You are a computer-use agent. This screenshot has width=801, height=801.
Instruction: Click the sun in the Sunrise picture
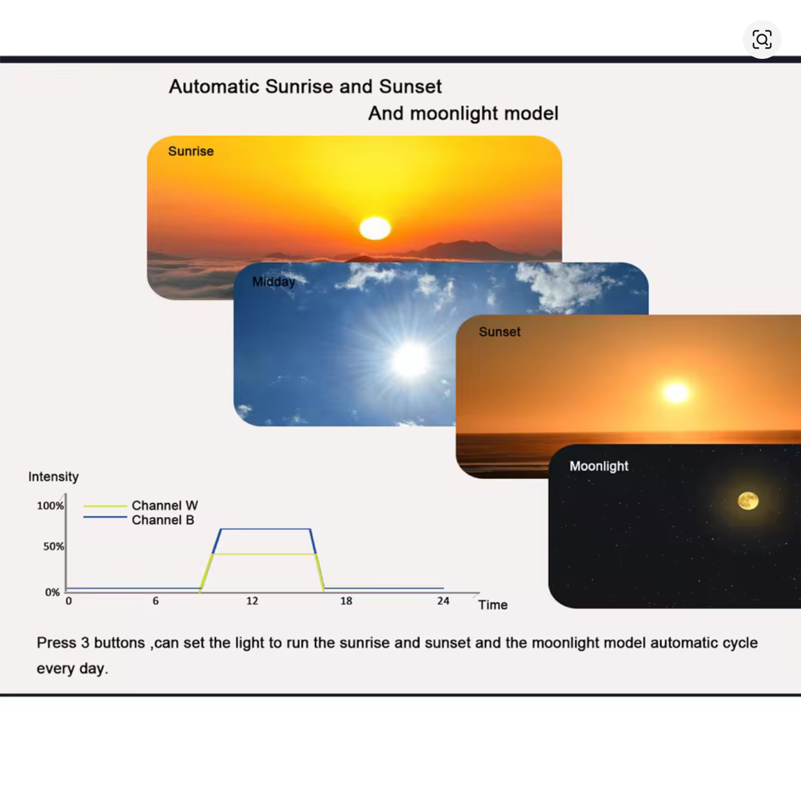pos(375,228)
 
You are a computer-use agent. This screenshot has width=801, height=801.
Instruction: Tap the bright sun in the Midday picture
pos(410,360)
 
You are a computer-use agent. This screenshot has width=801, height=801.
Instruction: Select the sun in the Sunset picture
pos(676,393)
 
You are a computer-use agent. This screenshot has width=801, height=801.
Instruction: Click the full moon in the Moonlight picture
pos(748,501)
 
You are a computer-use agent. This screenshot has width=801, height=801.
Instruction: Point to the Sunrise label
pos(191,151)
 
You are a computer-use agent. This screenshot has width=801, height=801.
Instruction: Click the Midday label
pos(274,282)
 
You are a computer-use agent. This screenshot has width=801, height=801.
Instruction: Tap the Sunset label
pos(499,332)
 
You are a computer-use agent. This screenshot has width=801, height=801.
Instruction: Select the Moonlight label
pos(598,467)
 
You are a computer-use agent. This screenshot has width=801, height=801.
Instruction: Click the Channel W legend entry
pos(141,505)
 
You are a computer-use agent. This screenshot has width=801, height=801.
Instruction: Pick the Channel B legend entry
pos(139,519)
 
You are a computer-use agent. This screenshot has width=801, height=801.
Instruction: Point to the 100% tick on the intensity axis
pos(50,506)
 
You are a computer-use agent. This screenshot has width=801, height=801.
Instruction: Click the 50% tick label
pos(53,546)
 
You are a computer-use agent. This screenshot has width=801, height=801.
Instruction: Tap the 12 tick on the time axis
pos(252,601)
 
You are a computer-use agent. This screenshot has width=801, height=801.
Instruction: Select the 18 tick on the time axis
pos(346,601)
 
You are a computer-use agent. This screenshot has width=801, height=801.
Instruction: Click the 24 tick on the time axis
pos(443,601)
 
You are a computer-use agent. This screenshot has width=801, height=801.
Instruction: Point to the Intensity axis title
pos(53,476)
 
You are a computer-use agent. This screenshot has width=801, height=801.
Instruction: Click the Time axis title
pos(493,605)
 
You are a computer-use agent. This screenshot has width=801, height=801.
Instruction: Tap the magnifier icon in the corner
pos(762,39)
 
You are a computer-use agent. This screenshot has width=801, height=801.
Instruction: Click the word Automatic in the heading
pos(214,86)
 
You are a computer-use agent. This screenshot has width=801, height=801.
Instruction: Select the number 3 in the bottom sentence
pos(85,643)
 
